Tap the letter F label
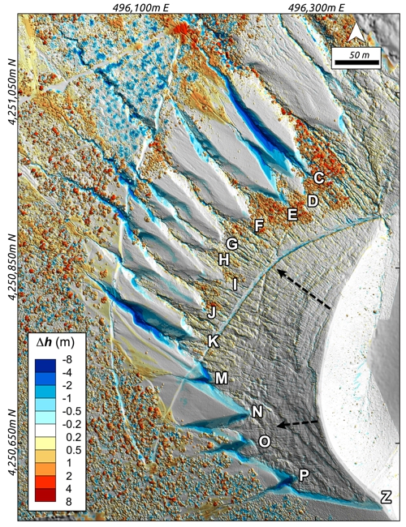[259, 225]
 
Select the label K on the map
[213, 341]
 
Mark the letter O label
[265, 440]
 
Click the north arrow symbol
[355, 33]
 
